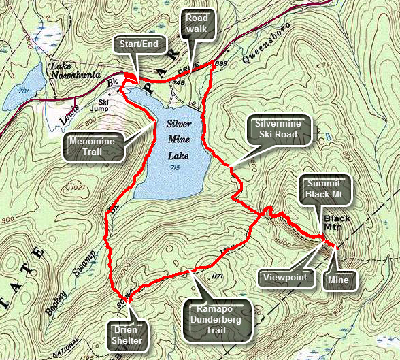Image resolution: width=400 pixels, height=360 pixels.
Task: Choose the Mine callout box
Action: (337, 278)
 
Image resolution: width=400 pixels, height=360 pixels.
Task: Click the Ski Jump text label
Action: (100, 112)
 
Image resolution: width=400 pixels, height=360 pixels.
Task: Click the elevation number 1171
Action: (218, 277)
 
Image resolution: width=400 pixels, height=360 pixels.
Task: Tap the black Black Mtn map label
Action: (337, 223)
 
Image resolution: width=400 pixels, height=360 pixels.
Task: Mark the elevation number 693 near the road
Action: (220, 63)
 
